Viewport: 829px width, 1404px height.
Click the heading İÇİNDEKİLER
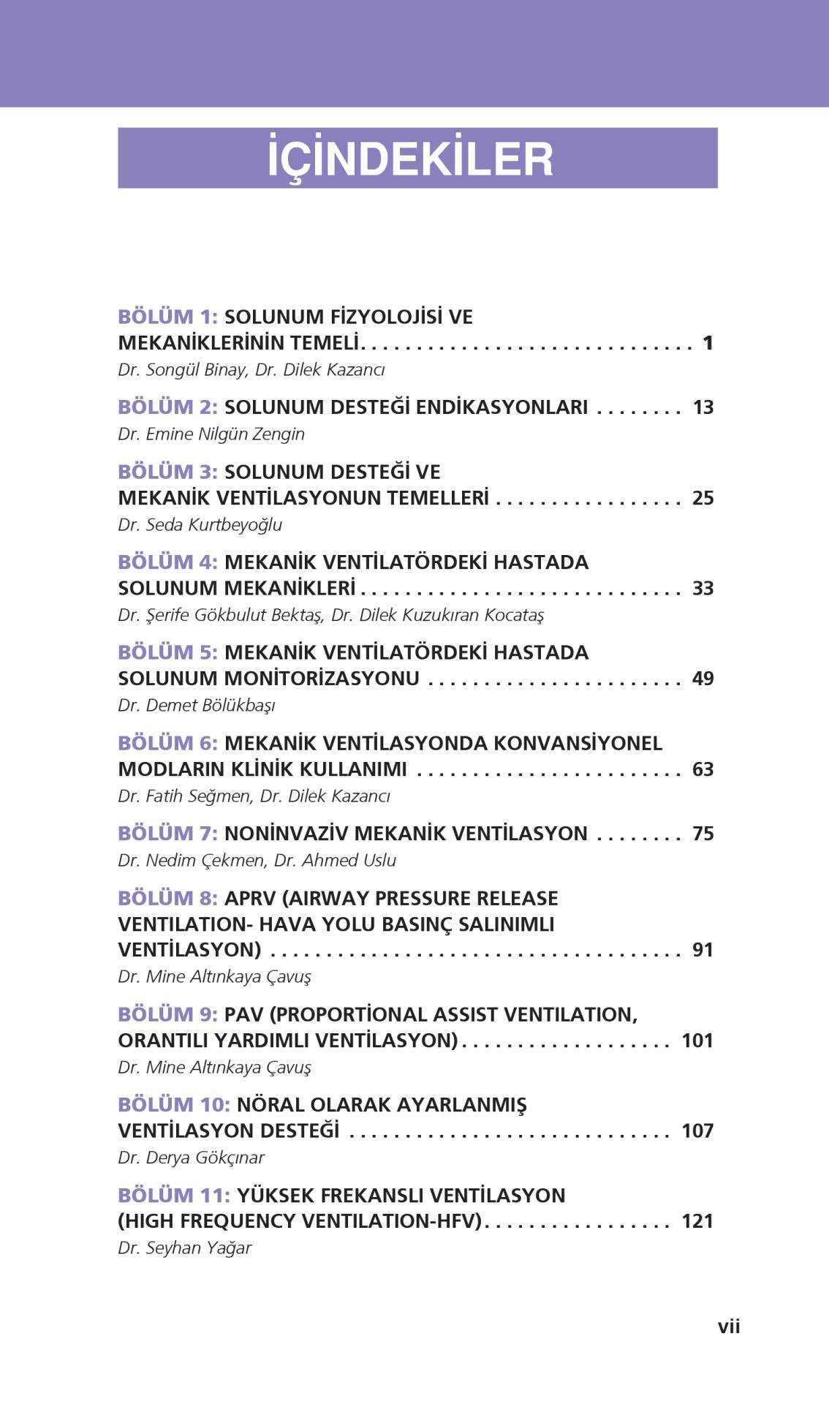[x=410, y=159]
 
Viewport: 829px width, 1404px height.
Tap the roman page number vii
[x=728, y=1326]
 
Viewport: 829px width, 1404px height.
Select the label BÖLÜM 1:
[x=167, y=317]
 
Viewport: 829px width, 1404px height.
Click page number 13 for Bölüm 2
[x=703, y=407]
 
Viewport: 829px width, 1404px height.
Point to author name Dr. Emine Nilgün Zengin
[x=211, y=434]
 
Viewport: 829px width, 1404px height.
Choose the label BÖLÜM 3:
[x=167, y=472]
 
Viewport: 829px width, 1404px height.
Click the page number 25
[x=703, y=498]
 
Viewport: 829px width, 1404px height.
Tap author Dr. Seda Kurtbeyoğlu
[x=200, y=524]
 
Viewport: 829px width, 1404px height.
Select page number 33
[x=703, y=588]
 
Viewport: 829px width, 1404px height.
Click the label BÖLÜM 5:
[x=167, y=652]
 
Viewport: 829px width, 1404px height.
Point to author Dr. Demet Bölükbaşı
[x=197, y=705]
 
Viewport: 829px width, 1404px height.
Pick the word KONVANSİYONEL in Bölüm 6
[x=578, y=743]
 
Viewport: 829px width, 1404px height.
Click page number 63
[x=703, y=769]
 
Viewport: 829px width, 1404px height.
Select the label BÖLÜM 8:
[x=167, y=898]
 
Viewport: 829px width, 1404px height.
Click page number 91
[x=703, y=950]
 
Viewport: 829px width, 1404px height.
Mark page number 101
[x=697, y=1041]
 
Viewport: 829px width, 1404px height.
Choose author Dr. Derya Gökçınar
[x=191, y=1158]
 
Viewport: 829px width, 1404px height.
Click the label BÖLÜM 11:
[x=174, y=1196]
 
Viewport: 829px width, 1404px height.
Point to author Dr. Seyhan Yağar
[x=184, y=1248]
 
